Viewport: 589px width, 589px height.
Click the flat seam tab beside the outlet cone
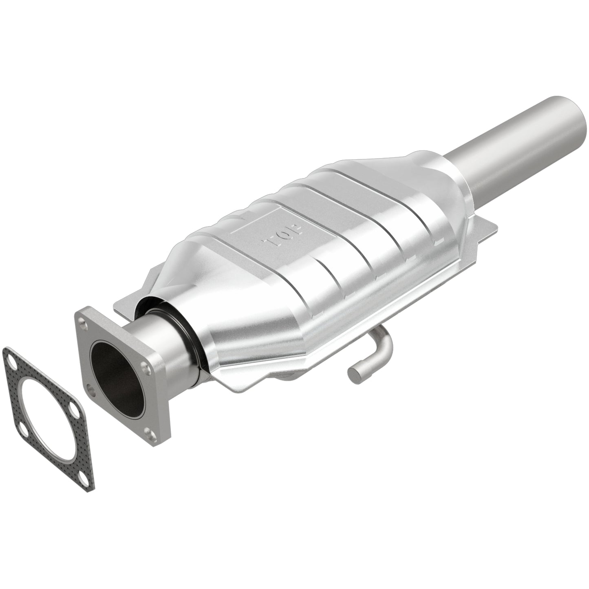coord(481,236)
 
